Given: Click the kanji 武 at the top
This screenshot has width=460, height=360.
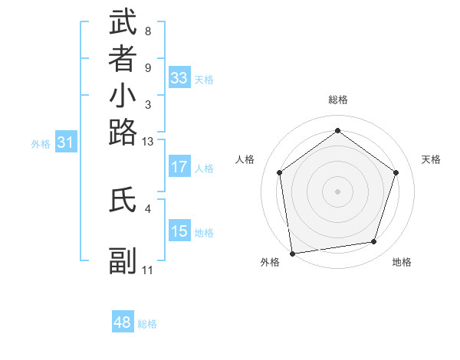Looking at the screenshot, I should coord(123,23).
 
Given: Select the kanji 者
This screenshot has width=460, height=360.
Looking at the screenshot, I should coord(123,60).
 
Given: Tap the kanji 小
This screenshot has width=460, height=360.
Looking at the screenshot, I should coord(123,97).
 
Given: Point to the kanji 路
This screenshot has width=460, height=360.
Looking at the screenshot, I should coord(123,133).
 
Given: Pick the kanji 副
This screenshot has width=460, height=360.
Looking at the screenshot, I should coord(123,261).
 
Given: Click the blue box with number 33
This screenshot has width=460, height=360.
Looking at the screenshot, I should coord(179,78).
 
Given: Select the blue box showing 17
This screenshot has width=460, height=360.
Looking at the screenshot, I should coord(179,167).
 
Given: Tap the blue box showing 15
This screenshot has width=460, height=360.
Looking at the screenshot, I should coord(179,231).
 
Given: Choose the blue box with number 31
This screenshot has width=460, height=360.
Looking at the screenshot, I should coord(66,142).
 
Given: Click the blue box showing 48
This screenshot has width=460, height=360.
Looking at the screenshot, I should coord(123,322).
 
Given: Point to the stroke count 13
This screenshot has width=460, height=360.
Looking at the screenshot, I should coord(148,142).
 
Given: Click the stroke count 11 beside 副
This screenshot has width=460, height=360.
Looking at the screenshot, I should coord(148,270).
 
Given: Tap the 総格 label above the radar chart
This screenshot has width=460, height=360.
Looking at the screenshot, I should coord(338,100).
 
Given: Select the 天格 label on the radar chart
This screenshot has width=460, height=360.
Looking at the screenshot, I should coord(431,159).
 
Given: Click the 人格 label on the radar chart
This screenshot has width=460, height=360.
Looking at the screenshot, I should coord(245,159).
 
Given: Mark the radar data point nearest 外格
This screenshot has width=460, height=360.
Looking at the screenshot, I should coord(292,253).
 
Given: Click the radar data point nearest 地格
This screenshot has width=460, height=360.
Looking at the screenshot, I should coord(374,242).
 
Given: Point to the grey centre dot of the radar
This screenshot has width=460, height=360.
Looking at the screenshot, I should coord(337,191).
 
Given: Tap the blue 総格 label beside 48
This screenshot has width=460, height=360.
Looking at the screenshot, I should coord(147,325).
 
